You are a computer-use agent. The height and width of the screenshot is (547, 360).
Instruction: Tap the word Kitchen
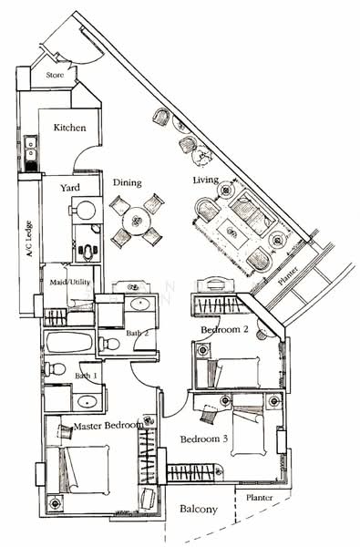click(x=69, y=128)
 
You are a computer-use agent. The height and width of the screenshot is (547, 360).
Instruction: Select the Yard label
click(x=70, y=188)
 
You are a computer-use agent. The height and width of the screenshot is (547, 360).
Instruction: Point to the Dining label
click(x=127, y=182)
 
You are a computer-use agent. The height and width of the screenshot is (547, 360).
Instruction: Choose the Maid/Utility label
click(x=69, y=282)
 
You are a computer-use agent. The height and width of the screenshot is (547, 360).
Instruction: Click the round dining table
click(x=138, y=221)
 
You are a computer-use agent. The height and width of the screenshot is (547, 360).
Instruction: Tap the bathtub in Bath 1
click(x=68, y=344)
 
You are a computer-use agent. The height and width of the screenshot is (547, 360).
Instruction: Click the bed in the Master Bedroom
click(x=82, y=470)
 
